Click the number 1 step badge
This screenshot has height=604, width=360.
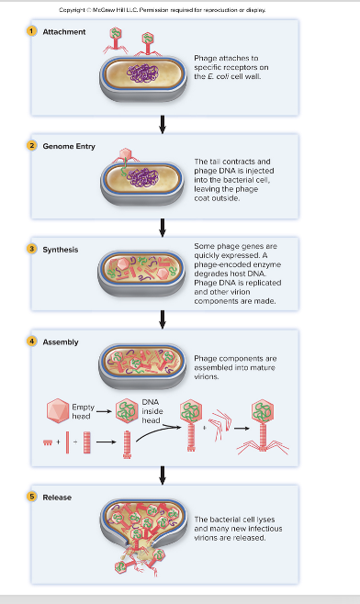click(x=30, y=32)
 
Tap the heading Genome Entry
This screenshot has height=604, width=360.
click(x=69, y=147)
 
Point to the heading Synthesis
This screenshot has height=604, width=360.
click(x=61, y=250)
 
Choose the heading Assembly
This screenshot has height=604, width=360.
click(x=61, y=342)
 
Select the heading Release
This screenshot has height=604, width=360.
click(x=58, y=498)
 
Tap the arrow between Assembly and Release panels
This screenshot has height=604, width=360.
click(x=163, y=474)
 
